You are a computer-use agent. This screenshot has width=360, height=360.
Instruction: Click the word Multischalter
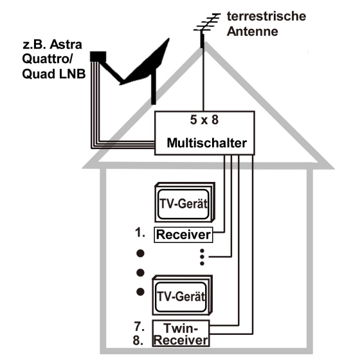(x=206, y=143)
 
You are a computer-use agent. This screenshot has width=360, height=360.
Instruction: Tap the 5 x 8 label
(x=204, y=120)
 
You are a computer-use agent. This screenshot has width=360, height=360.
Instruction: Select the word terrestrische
(x=266, y=16)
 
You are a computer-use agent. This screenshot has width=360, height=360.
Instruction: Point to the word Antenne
(x=252, y=32)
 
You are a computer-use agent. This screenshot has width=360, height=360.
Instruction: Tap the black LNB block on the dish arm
(x=98, y=57)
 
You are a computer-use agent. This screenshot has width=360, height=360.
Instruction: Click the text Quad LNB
(x=54, y=74)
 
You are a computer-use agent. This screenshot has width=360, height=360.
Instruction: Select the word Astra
(x=66, y=44)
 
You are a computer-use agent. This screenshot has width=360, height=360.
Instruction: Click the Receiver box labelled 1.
(x=183, y=235)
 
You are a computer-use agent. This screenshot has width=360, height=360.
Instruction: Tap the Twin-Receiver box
(x=181, y=333)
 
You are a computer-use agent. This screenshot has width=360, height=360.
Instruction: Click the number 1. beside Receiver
(x=140, y=233)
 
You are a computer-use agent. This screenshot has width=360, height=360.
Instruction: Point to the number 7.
(x=139, y=326)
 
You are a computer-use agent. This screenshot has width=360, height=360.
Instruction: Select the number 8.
(x=138, y=340)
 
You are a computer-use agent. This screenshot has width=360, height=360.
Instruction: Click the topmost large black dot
(x=140, y=253)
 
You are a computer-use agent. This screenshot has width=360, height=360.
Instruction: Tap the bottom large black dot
(x=140, y=292)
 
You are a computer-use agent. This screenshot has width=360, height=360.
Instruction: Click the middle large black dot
(x=140, y=273)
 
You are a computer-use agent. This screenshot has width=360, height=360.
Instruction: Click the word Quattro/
(x=48, y=59)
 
